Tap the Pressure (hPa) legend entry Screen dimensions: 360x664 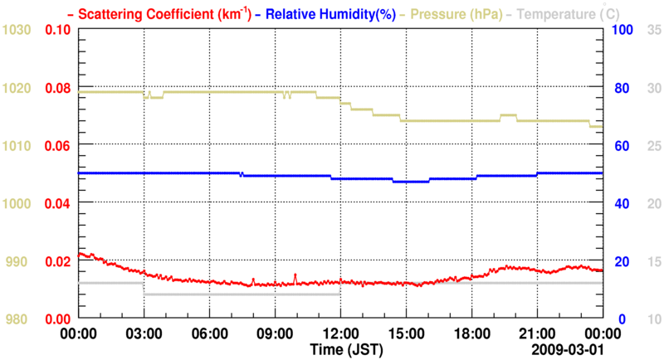453,14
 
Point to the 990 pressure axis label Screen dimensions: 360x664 19,261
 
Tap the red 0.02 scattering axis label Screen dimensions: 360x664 57,261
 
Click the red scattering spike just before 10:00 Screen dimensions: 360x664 295,275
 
